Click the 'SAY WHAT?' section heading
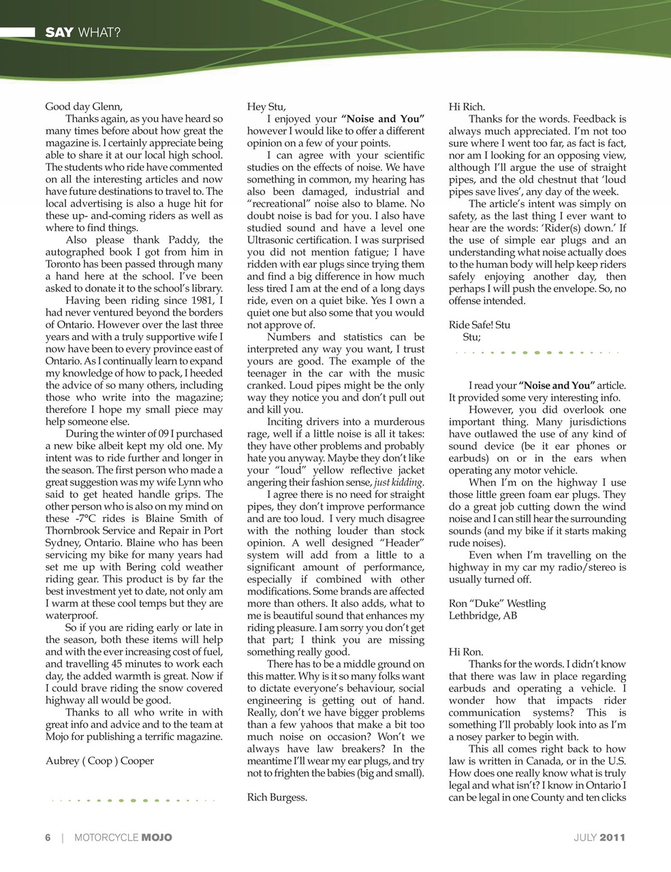(x=82, y=32)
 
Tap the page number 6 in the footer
(x=48, y=837)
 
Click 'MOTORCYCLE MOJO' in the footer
(x=123, y=837)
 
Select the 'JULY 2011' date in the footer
(x=599, y=837)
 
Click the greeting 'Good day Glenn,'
(x=84, y=106)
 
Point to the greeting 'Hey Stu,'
(x=266, y=106)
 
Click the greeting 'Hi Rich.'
(x=467, y=106)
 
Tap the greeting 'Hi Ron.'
(x=465, y=652)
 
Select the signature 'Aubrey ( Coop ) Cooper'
(x=99, y=761)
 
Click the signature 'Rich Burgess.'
(x=277, y=797)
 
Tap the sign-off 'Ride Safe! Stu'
(x=479, y=325)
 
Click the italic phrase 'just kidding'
(x=399, y=483)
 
